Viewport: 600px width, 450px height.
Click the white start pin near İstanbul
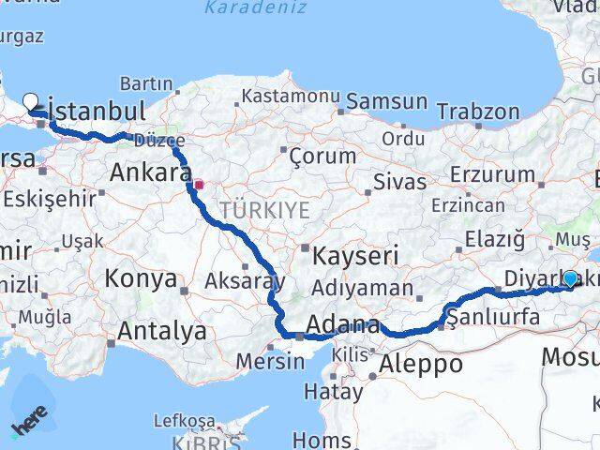pos(30,101)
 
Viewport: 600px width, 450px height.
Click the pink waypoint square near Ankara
pos(198,185)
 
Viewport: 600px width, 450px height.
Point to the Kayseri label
pos(355,254)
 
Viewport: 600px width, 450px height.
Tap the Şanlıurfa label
pos(493,317)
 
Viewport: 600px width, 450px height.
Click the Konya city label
pos(141,278)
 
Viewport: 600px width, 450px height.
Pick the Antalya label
pos(162,330)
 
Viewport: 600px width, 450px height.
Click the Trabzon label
pos(477,112)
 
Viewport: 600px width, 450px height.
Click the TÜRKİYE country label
pos(264,210)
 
